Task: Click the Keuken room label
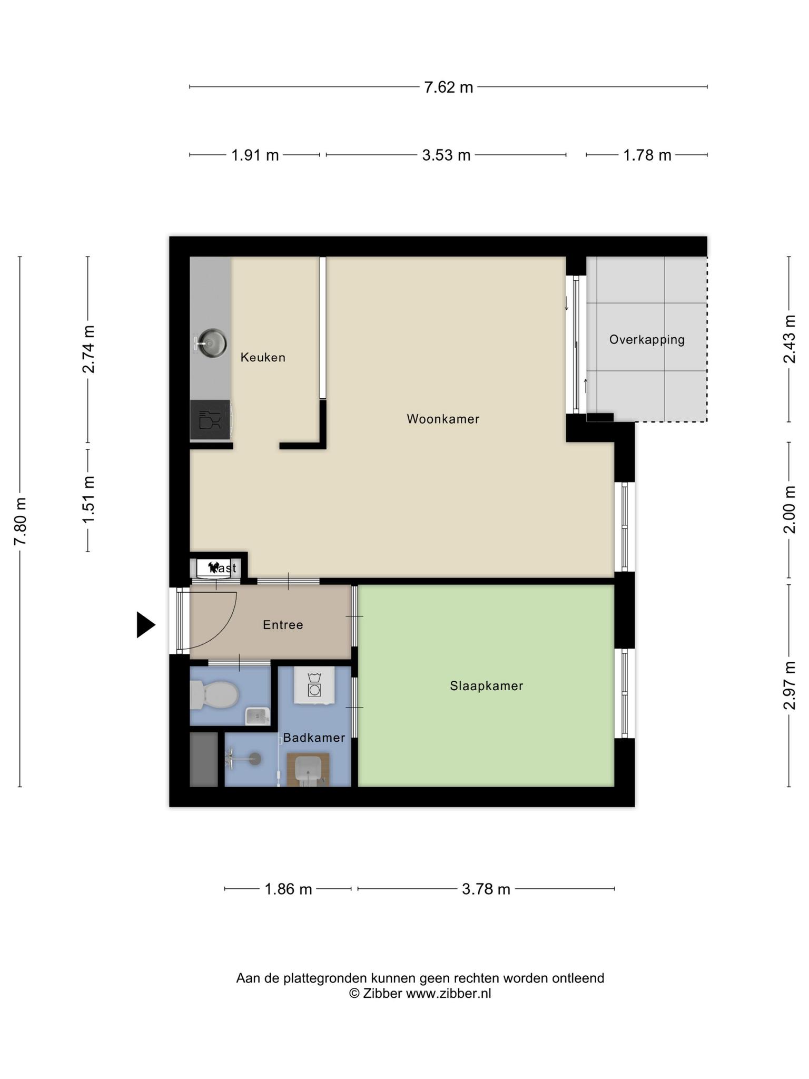(x=263, y=357)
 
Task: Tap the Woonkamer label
(x=443, y=419)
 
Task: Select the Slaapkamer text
(x=486, y=685)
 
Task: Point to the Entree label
(x=283, y=625)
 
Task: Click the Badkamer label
(x=314, y=738)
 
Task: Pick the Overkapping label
(x=647, y=340)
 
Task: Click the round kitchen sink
(x=211, y=343)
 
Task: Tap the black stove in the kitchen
(x=210, y=420)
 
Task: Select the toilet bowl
(x=214, y=695)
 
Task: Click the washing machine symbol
(x=314, y=685)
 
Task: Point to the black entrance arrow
(x=146, y=625)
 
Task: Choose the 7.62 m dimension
(x=449, y=87)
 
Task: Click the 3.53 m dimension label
(x=446, y=155)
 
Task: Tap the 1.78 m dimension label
(x=647, y=155)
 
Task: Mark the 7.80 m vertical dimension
(x=20, y=522)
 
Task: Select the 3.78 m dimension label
(x=486, y=889)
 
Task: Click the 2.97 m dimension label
(x=789, y=685)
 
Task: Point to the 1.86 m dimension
(x=288, y=889)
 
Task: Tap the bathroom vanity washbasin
(x=308, y=769)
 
